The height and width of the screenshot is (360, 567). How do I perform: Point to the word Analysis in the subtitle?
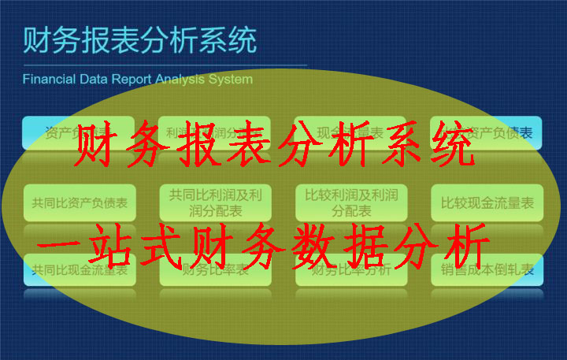click(x=182, y=80)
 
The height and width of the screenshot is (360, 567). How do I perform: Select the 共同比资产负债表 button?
click(x=80, y=203)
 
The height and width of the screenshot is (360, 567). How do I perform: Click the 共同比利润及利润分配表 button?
click(x=215, y=203)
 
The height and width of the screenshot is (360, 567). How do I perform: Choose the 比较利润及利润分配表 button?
click(x=351, y=203)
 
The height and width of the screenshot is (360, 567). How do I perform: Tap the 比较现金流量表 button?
click(x=487, y=203)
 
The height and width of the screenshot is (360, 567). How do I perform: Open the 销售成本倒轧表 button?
click(x=487, y=270)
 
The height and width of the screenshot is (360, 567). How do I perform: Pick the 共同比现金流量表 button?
click(x=80, y=270)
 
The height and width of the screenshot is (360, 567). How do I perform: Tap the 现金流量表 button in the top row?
click(x=351, y=132)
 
